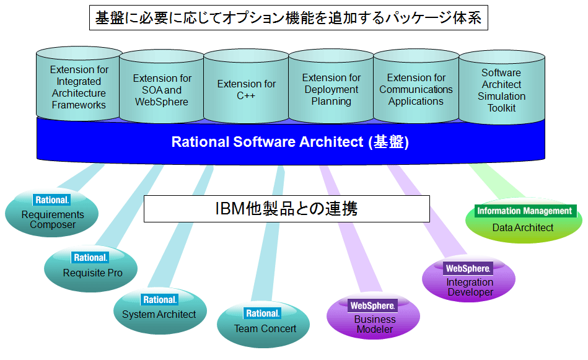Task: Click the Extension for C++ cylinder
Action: coord(246,86)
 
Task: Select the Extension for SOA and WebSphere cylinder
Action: coord(162,87)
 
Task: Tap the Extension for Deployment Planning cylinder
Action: coord(331,86)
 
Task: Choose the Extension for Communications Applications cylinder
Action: coord(416,86)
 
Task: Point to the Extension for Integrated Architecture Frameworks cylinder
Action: coord(79,84)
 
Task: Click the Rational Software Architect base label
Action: coord(290,142)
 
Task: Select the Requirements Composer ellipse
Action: coord(52,213)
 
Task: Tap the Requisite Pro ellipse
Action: coord(90,268)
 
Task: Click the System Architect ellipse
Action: coord(160,310)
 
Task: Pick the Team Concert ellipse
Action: coord(263,325)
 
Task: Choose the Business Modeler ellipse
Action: coord(373,316)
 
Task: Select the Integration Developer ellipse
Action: coord(469,278)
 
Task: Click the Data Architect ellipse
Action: coord(524,221)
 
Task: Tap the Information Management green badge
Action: coord(525,211)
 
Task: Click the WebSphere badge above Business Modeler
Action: coord(372,305)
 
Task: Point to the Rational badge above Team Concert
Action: coord(263,313)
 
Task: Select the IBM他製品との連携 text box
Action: coord(287,208)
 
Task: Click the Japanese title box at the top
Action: coord(288,17)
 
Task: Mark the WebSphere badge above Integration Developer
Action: coord(468,268)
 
